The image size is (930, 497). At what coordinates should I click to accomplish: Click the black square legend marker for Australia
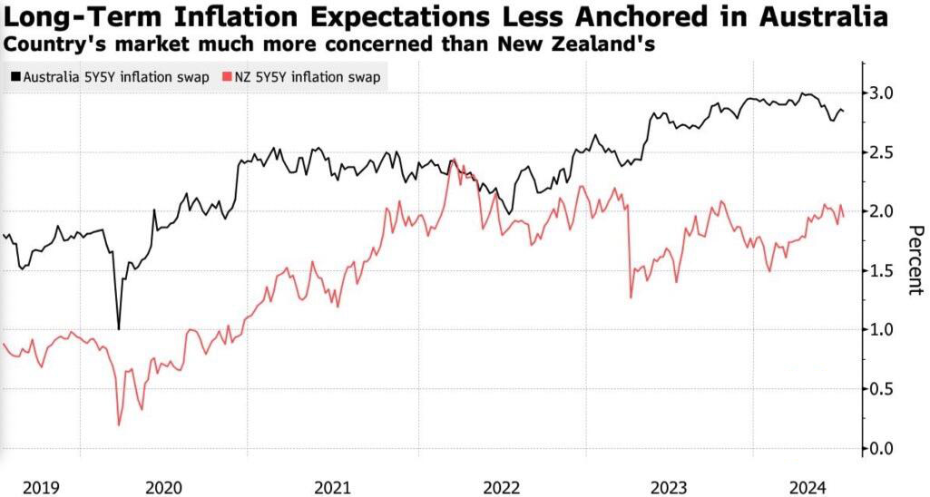(x=15, y=77)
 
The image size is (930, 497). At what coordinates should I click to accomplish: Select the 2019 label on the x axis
(x=41, y=488)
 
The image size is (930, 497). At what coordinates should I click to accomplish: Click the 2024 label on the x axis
(x=808, y=488)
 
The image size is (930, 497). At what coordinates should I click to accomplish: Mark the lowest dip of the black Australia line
(x=119, y=329)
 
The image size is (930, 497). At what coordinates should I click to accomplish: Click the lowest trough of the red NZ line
(x=119, y=424)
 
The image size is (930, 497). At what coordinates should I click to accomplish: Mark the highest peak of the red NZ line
(x=454, y=159)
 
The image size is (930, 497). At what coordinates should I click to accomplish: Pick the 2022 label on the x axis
(x=502, y=488)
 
